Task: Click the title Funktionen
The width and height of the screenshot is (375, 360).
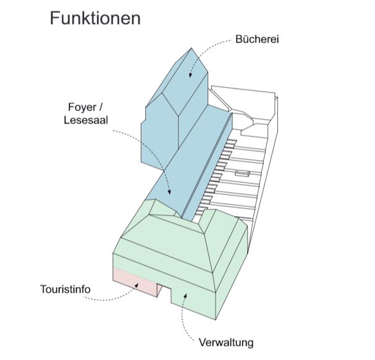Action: click(95, 18)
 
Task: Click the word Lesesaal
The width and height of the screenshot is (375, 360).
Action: click(86, 120)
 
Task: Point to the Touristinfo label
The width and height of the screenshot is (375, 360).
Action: click(67, 288)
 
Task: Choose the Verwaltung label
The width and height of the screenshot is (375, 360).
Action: click(226, 341)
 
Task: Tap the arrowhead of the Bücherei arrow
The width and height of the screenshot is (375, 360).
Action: click(191, 75)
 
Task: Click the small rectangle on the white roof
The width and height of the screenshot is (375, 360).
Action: click(242, 174)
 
